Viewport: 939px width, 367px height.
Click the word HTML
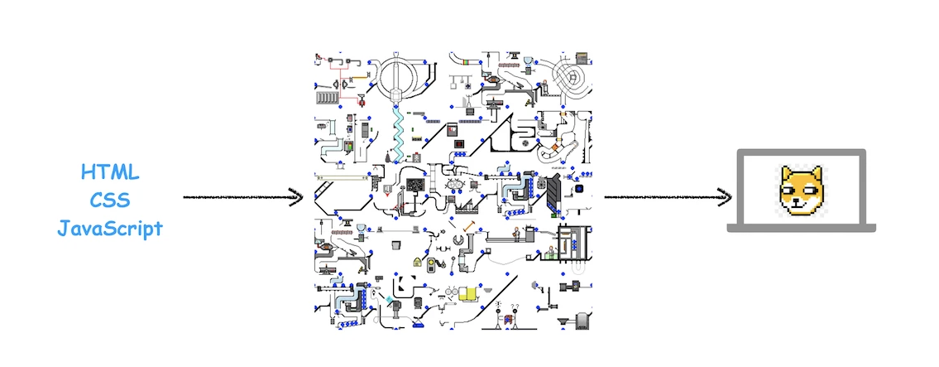pyautogui.click(x=110, y=172)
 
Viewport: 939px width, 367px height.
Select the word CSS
pyautogui.click(x=110, y=200)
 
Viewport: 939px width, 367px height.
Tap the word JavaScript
pyautogui.click(x=110, y=228)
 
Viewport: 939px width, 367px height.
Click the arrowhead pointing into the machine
pyautogui.click(x=296, y=196)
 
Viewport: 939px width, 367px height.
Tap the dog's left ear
pyautogui.click(x=785, y=175)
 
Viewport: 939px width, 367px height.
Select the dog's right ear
pyautogui.click(x=816, y=175)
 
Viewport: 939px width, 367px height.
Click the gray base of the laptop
pyautogui.click(x=802, y=228)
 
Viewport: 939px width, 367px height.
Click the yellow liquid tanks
pyautogui.click(x=467, y=293)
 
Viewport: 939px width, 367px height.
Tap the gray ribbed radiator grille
pyautogui.click(x=327, y=97)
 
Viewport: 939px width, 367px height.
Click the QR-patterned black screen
pyautogui.click(x=415, y=186)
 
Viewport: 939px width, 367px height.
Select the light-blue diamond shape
pyautogui.click(x=390, y=299)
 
